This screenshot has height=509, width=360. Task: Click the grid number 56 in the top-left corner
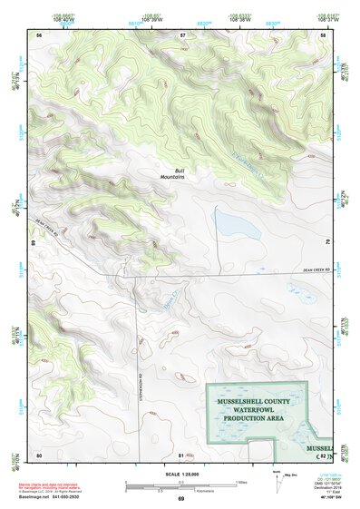coord(39,34)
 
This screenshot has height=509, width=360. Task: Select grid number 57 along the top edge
coord(182,34)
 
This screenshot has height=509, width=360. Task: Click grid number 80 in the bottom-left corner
coord(39,454)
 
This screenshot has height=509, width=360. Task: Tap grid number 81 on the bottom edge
coord(181,454)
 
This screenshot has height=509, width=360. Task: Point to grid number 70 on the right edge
coord(326,243)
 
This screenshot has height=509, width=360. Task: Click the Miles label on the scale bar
coord(240,482)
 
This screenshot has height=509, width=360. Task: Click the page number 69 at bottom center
coord(180,500)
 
